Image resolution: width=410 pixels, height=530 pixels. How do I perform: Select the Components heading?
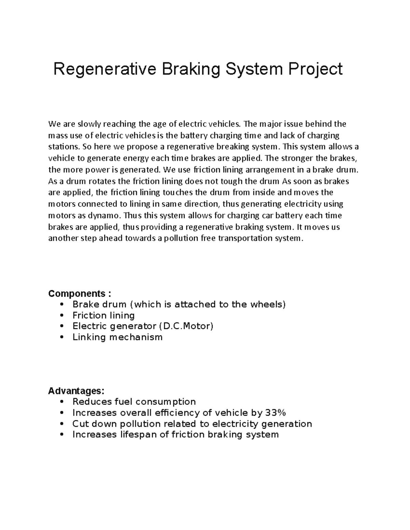80,293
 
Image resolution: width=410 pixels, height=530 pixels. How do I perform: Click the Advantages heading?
76,390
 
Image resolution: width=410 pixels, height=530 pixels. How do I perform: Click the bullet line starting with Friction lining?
104,315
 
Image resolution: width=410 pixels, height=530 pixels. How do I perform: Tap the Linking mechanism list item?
117,337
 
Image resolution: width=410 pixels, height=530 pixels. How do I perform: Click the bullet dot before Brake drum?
62,305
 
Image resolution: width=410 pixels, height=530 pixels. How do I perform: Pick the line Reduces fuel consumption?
134,402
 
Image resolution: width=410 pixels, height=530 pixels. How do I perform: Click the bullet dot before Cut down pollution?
62,424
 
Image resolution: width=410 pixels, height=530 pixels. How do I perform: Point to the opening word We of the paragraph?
53,124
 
